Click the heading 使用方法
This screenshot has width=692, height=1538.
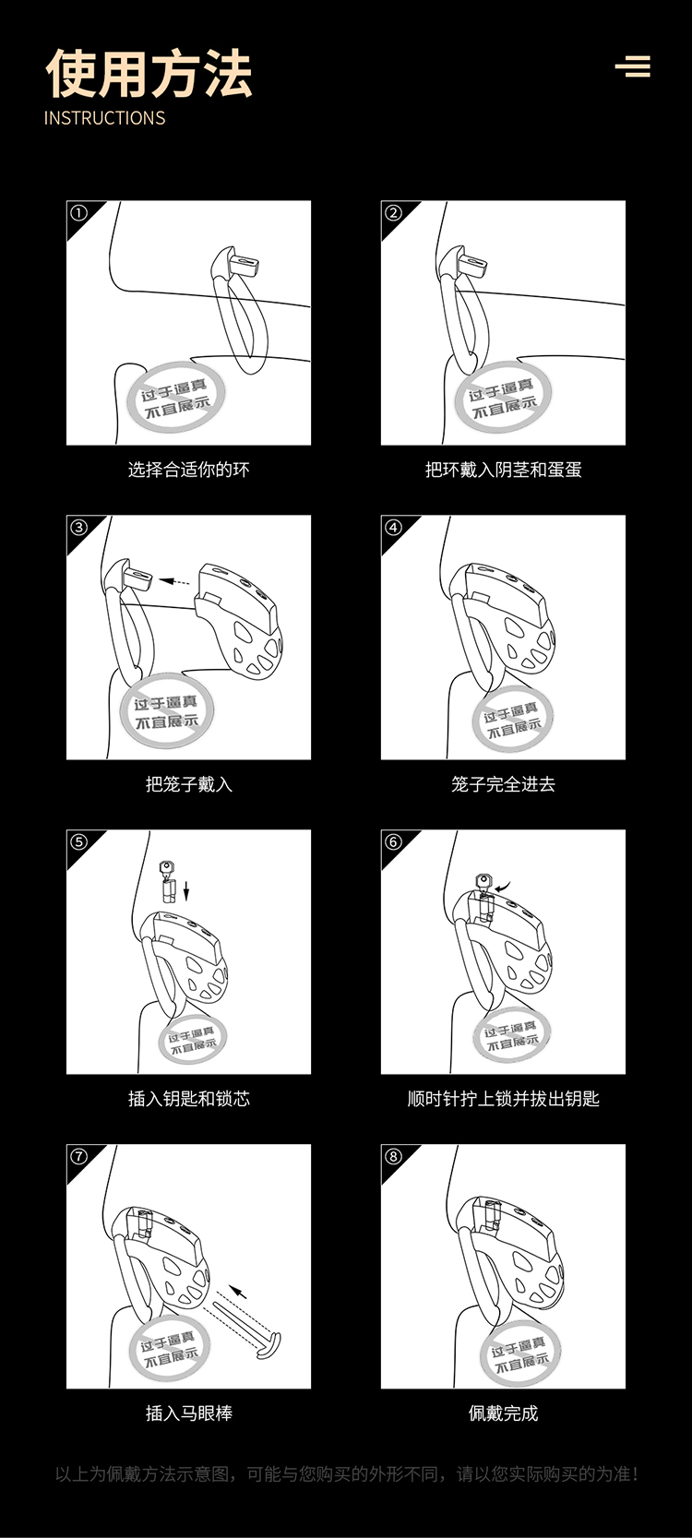[149, 74]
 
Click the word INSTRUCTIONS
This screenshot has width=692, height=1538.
[104, 118]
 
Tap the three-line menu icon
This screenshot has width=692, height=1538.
[633, 66]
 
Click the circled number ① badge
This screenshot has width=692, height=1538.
[79, 213]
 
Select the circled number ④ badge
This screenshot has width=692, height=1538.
[393, 528]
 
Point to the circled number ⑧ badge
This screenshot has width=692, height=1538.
[393, 1156]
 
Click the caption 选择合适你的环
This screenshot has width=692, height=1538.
[189, 470]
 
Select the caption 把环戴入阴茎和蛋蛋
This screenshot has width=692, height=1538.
[503, 470]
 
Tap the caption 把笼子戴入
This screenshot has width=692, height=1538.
[189, 784]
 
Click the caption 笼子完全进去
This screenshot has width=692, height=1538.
[503, 784]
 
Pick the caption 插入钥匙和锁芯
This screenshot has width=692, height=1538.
[189, 1099]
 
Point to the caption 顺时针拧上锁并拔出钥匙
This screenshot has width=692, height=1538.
[503, 1099]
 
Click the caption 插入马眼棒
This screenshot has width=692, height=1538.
[189, 1413]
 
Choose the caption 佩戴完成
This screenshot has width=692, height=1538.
[503, 1413]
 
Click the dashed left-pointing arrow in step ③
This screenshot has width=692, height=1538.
[174, 581]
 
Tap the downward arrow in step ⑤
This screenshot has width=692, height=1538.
[186, 890]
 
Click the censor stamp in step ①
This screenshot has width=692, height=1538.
[175, 399]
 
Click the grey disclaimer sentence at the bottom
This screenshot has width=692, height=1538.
[347, 1473]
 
